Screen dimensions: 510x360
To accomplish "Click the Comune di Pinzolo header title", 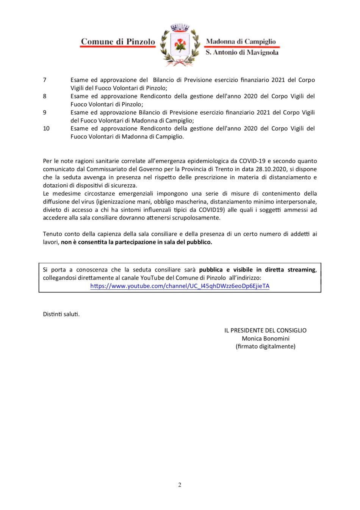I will pos(118,42).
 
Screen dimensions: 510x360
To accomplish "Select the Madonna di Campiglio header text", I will pos(241,41).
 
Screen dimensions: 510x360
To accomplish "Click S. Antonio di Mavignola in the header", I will pos(242,52).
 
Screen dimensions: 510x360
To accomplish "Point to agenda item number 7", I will pos(45,80).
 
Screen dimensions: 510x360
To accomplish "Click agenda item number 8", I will pos(45,96).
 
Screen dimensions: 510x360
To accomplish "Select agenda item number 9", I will pos(45,113).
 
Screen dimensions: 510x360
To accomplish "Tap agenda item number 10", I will pos(46,129).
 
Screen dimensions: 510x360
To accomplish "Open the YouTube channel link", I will pos(180,286).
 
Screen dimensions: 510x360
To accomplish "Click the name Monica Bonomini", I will pos(265,339).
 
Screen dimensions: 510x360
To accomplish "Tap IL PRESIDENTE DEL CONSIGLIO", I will pos(265,331).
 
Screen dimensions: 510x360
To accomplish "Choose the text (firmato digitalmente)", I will pos(265,347).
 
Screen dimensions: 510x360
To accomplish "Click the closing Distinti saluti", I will pos(61,314).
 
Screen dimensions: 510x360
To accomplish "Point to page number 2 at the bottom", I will pos(180,485).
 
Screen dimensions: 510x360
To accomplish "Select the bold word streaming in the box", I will pos(301,270).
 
